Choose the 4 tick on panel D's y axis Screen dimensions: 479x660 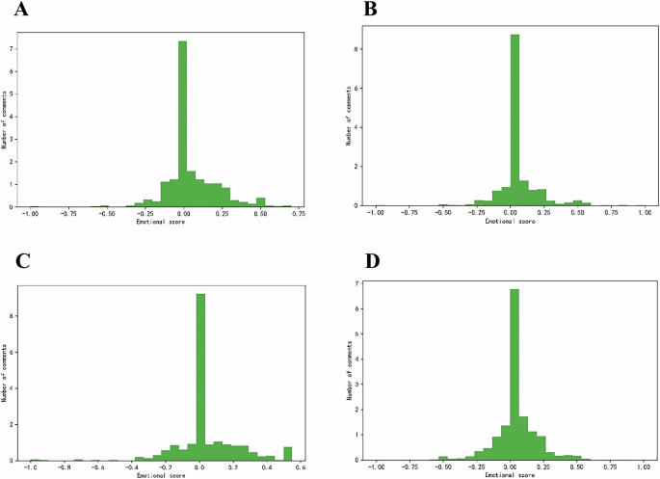pos(357,359)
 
